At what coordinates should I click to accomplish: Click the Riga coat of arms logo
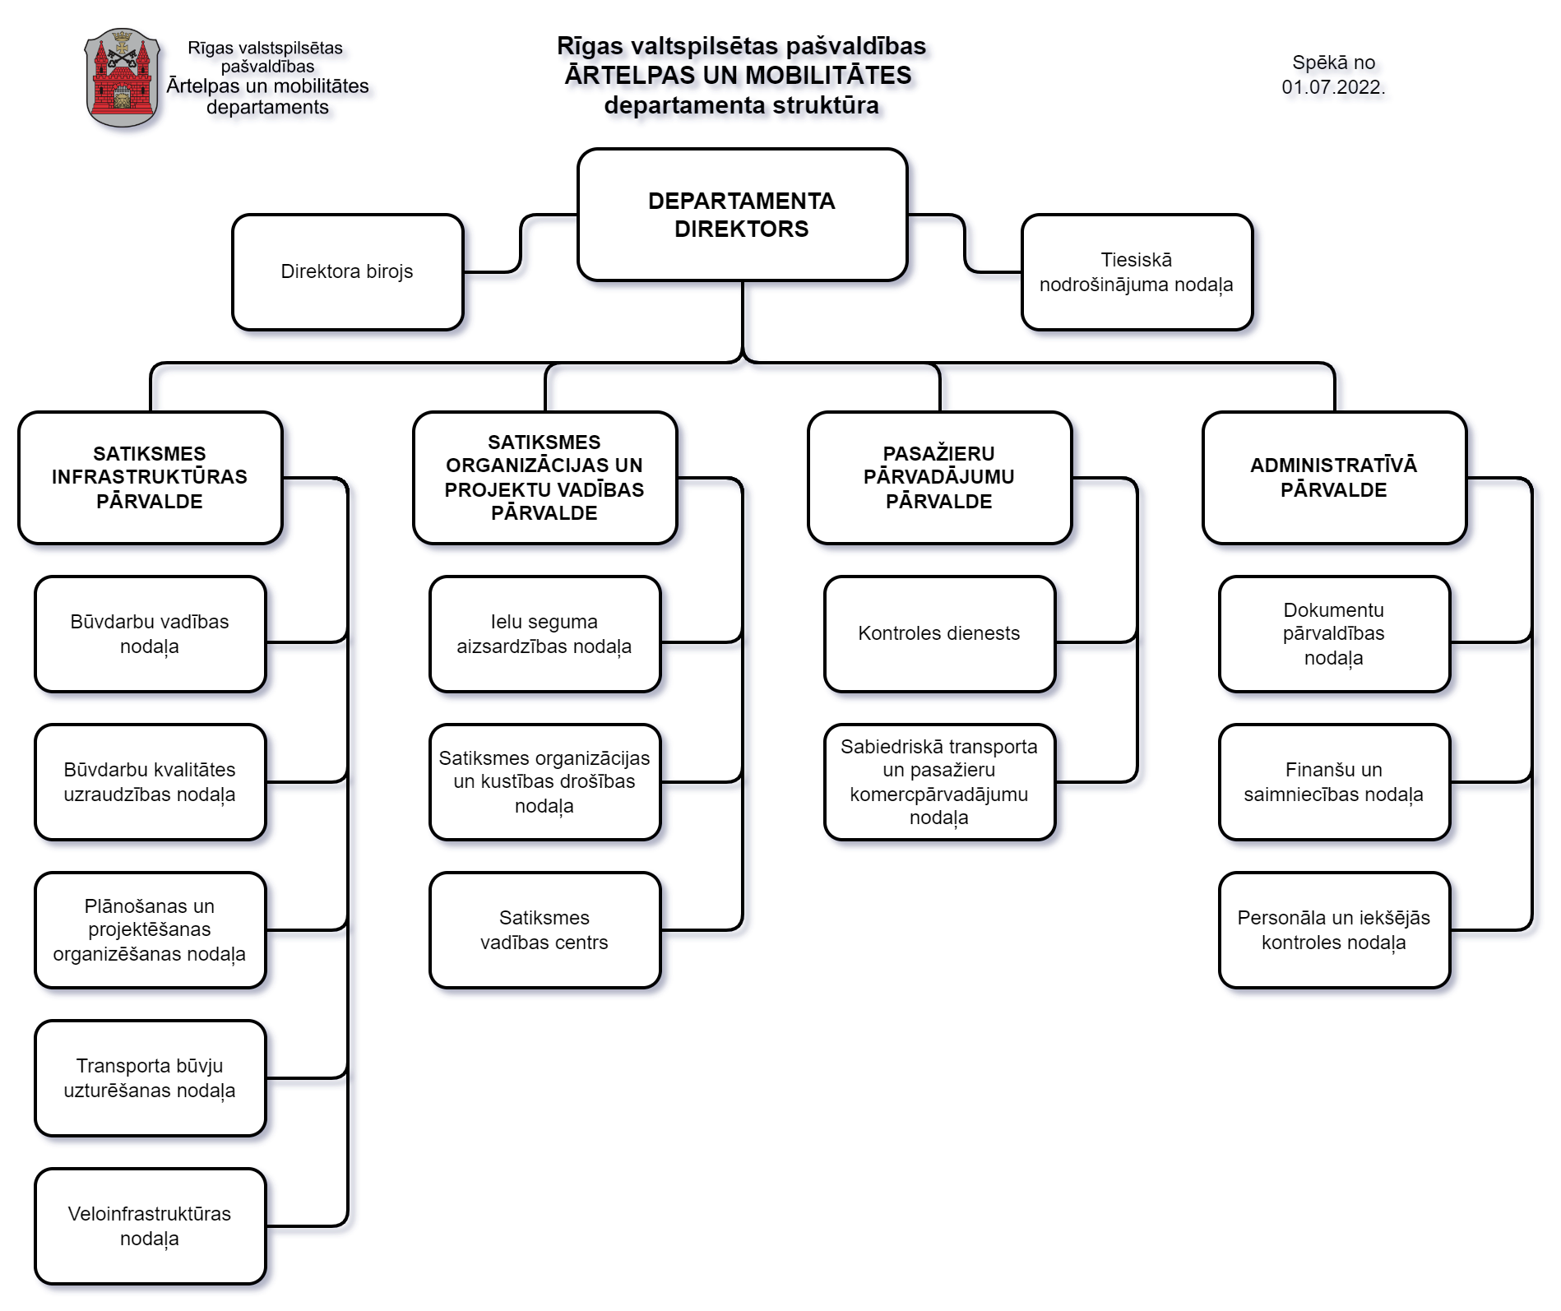122,77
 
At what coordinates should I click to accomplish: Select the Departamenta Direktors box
742,215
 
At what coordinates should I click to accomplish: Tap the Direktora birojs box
347,272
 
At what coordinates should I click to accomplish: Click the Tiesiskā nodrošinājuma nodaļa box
1137,272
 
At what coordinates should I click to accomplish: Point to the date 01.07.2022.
1333,87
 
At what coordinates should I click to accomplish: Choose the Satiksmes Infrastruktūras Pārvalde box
151,478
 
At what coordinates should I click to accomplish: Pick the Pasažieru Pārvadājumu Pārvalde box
939,478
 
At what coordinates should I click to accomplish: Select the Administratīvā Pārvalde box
1334,478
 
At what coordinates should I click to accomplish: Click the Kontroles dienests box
939,634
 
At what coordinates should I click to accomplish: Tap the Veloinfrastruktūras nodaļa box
151,1226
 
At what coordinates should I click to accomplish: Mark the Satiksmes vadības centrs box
544,930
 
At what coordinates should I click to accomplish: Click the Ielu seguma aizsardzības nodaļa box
544,634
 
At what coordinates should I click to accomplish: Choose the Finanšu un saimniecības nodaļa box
1334,782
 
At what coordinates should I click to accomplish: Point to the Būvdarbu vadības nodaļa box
151,634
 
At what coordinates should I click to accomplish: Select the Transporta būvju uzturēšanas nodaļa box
151,1078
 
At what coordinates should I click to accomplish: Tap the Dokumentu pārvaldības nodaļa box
1334,634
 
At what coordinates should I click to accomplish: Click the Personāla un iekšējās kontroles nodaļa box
1334,930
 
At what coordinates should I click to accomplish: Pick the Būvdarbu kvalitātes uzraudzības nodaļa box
151,782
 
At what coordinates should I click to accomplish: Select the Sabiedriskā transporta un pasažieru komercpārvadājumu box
939,782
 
